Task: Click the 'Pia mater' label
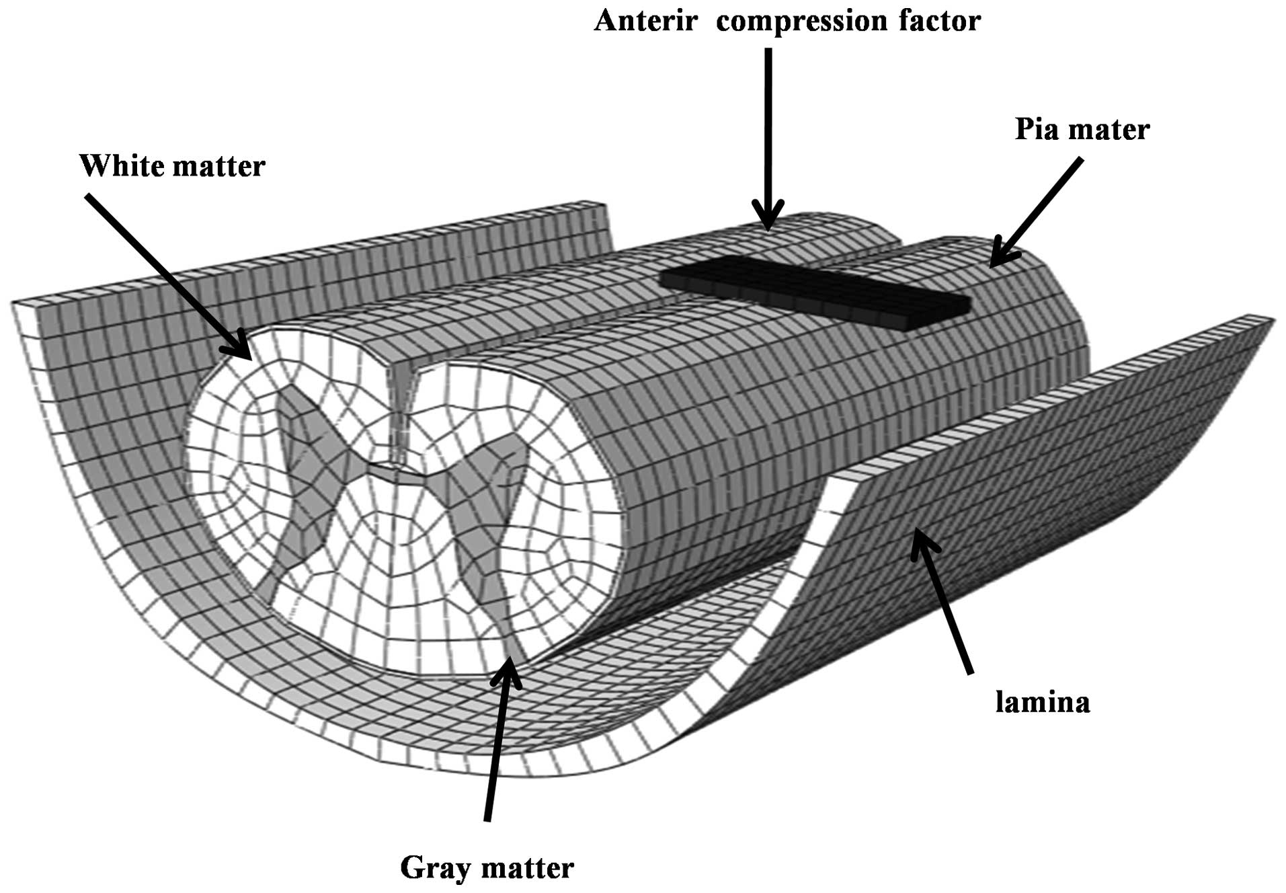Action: (x=1082, y=128)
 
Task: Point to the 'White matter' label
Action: (x=173, y=165)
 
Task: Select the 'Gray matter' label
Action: (x=487, y=867)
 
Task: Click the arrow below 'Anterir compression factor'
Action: (x=768, y=134)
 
